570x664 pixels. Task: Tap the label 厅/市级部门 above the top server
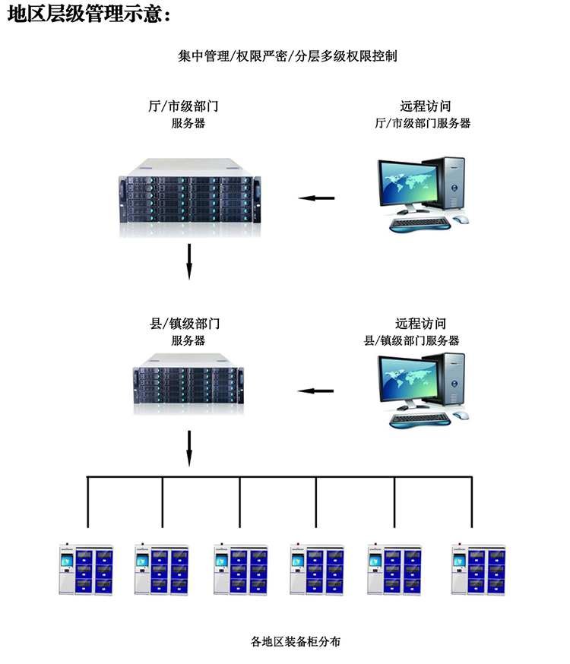pyautogui.click(x=188, y=106)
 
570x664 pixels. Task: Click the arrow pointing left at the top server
pyautogui.click(x=316, y=199)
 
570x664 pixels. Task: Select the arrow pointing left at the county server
pyautogui.click(x=315, y=391)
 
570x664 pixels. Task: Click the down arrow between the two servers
pyautogui.click(x=190, y=261)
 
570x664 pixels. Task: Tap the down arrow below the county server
pyautogui.click(x=190, y=448)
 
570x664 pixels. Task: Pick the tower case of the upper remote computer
pyautogui.click(x=453, y=182)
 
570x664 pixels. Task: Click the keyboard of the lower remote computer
pyautogui.click(x=420, y=417)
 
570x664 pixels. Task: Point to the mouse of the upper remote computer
pyautogui.click(x=462, y=220)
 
